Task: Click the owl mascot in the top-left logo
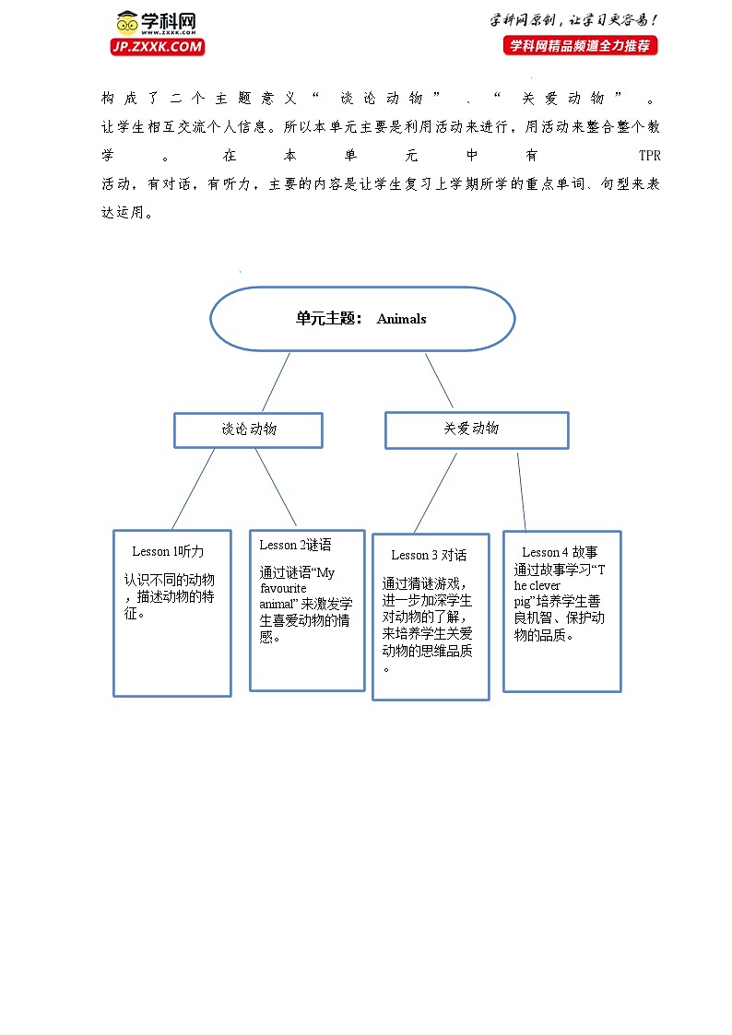tap(127, 22)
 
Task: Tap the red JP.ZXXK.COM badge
tap(158, 47)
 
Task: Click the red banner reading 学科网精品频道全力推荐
tap(581, 45)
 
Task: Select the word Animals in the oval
tap(401, 319)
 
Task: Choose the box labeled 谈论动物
tap(248, 429)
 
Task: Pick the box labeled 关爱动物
tap(476, 429)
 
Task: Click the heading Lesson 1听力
tap(168, 551)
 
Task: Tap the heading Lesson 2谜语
tap(295, 545)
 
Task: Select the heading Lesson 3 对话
tap(429, 555)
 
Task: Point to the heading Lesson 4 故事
tap(560, 552)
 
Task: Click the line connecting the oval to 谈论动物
tap(276, 382)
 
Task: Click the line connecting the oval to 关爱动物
tap(439, 381)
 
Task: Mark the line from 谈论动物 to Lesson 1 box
tap(193, 488)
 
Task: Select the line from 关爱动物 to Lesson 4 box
tap(521, 492)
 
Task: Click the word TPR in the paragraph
tap(649, 156)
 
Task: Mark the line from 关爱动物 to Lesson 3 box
tap(435, 492)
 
